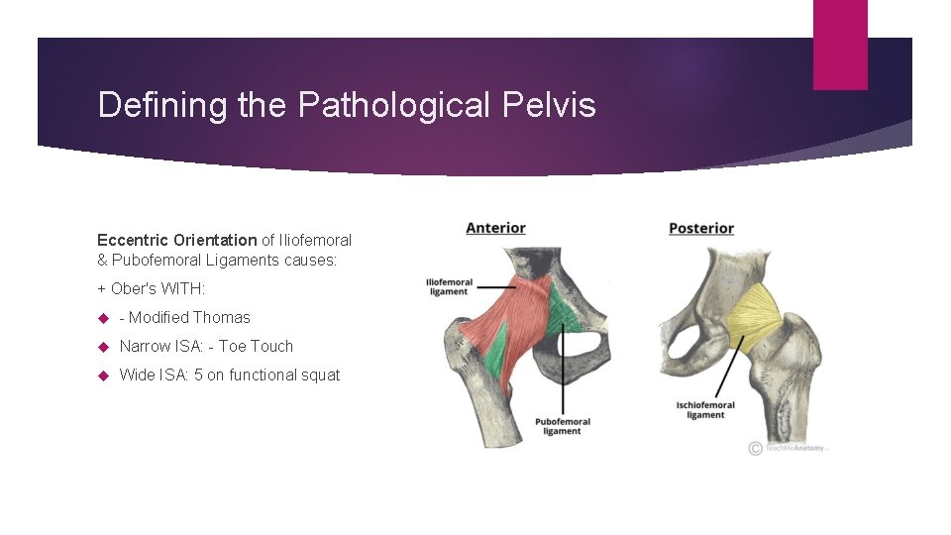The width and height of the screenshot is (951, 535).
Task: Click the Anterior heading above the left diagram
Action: [x=495, y=228]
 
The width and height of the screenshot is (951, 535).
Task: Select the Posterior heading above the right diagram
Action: [x=701, y=228]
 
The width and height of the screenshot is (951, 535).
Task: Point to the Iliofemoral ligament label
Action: [x=449, y=286]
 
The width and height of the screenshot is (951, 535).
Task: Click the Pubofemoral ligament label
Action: [x=563, y=426]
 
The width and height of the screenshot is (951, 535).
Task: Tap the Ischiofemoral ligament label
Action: [x=705, y=409]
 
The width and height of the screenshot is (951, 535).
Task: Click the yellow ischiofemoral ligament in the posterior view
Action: [x=755, y=313]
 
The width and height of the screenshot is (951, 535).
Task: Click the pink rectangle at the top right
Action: [x=840, y=45]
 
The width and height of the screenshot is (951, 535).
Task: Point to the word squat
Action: [x=319, y=374]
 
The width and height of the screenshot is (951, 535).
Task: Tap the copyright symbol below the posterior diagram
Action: [x=756, y=448]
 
